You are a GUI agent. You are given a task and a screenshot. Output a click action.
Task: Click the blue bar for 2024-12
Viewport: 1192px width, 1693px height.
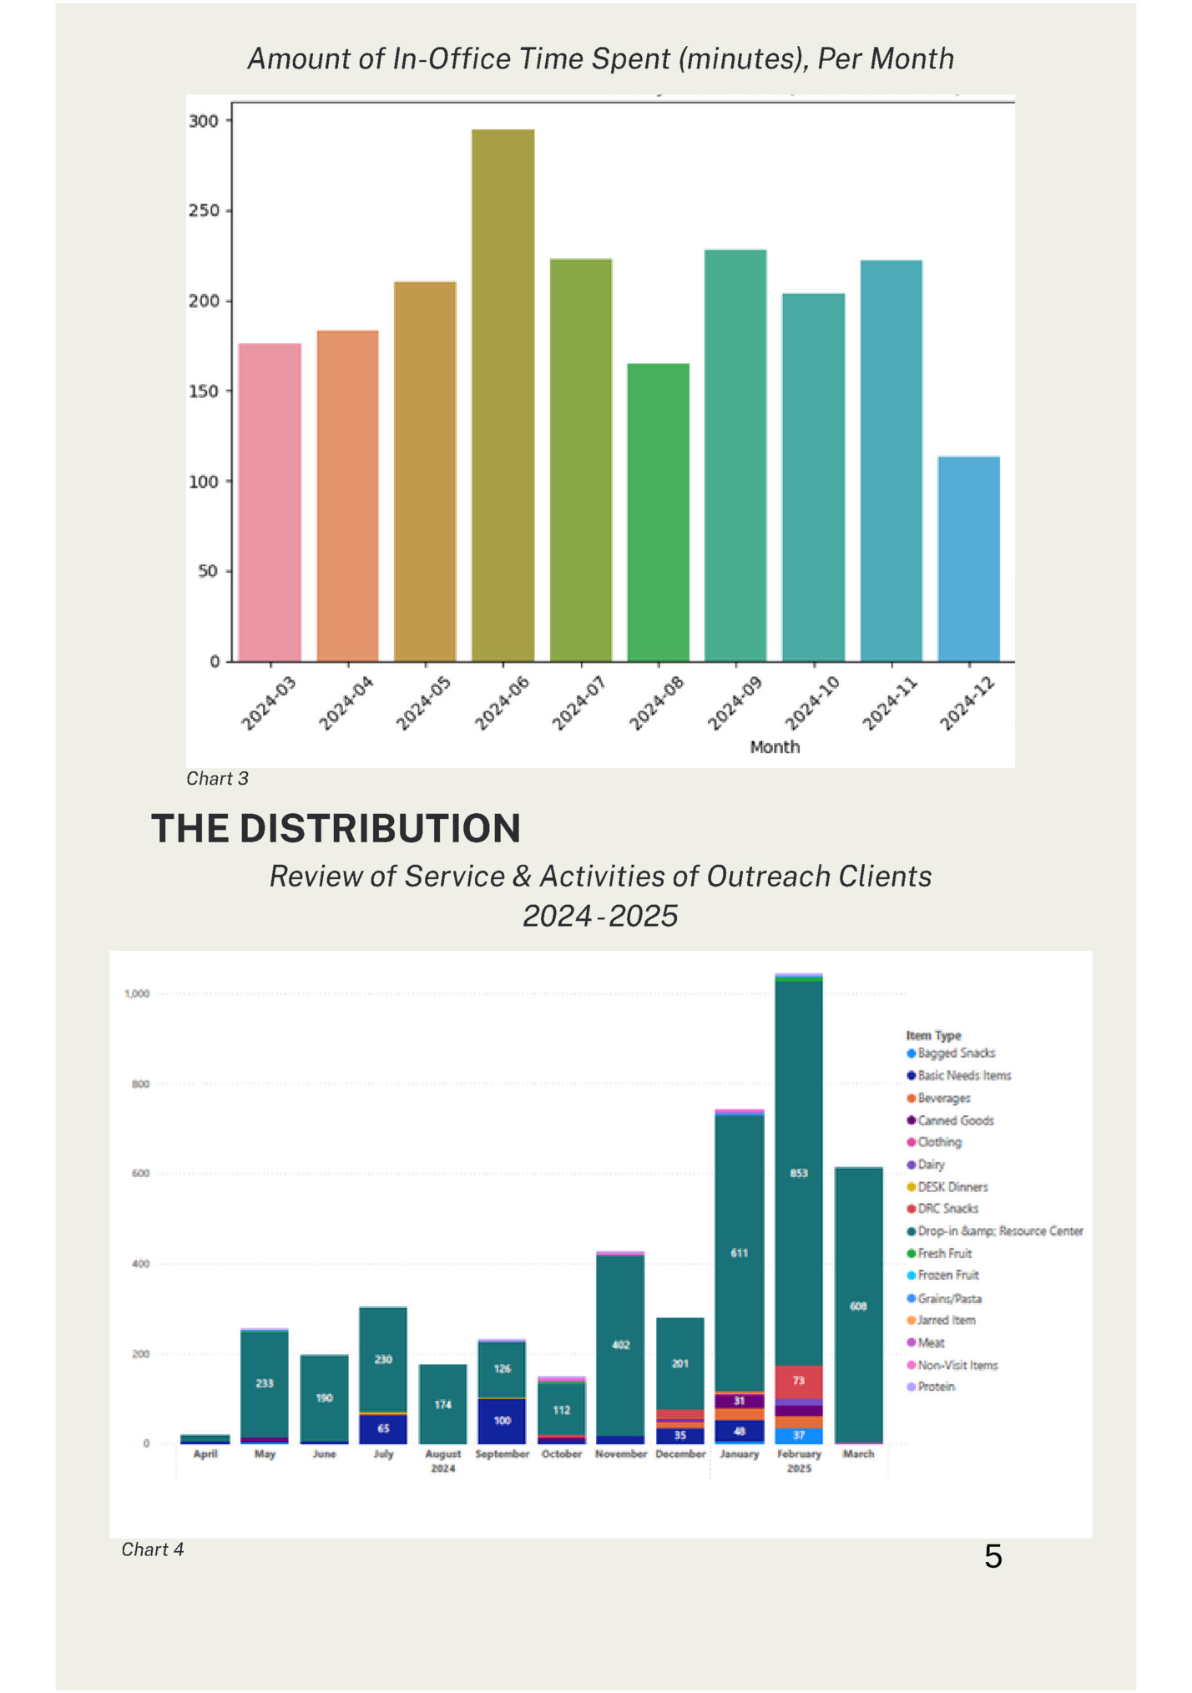[968, 558]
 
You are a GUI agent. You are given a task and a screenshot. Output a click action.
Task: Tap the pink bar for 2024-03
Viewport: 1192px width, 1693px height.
[270, 502]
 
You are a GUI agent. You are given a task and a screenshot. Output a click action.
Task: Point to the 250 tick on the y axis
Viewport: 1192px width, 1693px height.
[203, 210]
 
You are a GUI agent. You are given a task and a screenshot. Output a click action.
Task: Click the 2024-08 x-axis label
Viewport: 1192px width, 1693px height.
[656, 704]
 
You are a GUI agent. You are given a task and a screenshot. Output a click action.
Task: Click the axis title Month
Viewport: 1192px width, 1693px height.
[774, 747]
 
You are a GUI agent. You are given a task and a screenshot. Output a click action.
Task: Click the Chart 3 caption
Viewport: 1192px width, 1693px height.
[217, 779]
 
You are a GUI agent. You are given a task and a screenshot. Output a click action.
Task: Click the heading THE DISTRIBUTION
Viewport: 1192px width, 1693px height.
[336, 829]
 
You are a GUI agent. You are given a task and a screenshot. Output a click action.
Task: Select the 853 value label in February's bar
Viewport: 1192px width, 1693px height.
[799, 1173]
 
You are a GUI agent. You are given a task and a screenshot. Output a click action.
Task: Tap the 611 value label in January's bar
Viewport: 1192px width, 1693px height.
[739, 1253]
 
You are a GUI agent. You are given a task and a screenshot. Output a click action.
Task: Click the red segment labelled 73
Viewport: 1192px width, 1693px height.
[799, 1382]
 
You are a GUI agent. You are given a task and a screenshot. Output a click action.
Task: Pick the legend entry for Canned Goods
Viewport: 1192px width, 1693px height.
[955, 1120]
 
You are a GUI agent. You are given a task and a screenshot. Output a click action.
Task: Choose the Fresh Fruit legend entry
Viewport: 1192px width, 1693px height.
[944, 1253]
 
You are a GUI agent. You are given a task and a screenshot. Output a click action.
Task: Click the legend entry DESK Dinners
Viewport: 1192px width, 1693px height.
[952, 1187]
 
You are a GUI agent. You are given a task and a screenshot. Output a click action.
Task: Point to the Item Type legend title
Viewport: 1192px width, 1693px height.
[933, 1035]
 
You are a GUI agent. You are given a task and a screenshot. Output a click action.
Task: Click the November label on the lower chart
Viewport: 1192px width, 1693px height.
[620, 1453]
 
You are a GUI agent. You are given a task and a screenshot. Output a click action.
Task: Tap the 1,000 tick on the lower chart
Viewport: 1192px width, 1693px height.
[137, 993]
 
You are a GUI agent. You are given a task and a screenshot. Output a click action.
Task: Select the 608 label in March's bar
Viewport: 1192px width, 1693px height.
[858, 1306]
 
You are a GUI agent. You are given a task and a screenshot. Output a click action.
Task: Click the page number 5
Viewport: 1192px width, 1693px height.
[992, 1557]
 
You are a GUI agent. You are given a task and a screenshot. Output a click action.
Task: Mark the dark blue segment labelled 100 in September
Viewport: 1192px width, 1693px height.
[502, 1421]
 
